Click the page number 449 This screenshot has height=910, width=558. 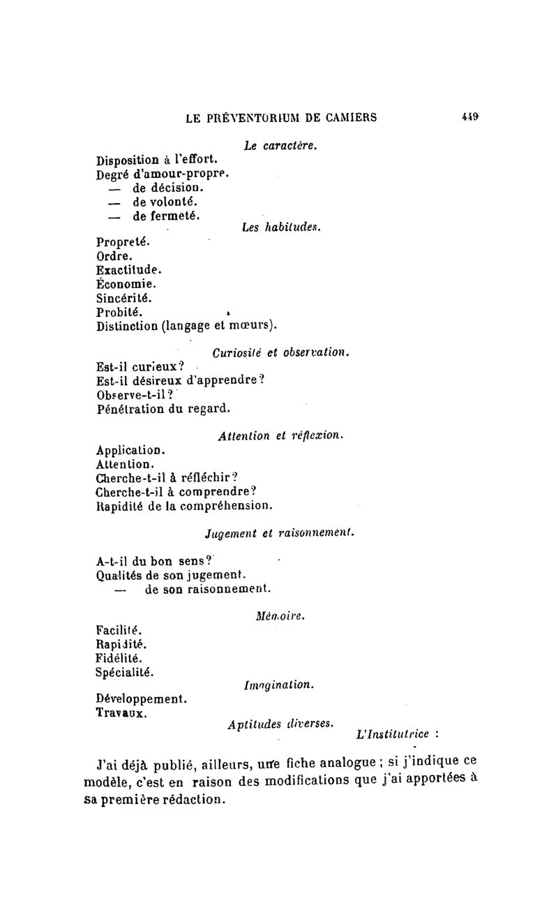click(x=469, y=117)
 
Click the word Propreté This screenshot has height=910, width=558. click(x=123, y=242)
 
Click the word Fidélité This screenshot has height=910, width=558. click(x=119, y=658)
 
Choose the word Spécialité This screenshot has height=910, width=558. click(x=125, y=672)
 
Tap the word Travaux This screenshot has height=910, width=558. click(x=121, y=713)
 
